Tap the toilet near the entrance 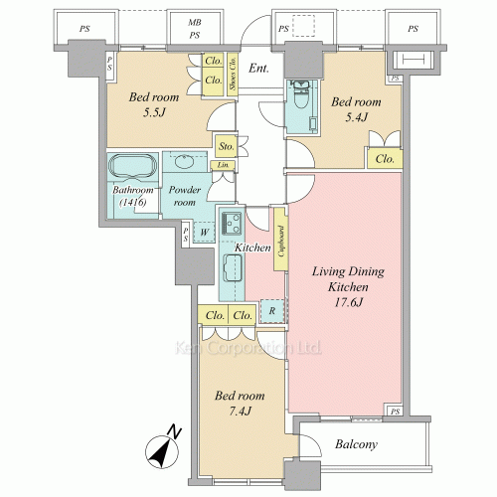[x=301, y=95]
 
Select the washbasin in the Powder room [x=184, y=161]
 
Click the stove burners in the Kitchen [x=232, y=223]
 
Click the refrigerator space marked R [x=272, y=311]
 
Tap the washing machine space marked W [x=204, y=232]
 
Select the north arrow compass [x=163, y=448]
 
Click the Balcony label [x=356, y=444]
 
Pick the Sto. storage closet [x=226, y=146]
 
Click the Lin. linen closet [x=223, y=165]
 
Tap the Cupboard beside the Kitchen [x=280, y=240]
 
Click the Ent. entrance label [x=258, y=69]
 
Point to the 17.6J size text [x=349, y=302]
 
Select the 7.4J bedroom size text [x=240, y=412]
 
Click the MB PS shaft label [x=195, y=29]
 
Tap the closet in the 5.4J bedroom [x=385, y=159]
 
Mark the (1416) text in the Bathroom [x=133, y=202]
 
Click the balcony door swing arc [x=314, y=440]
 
